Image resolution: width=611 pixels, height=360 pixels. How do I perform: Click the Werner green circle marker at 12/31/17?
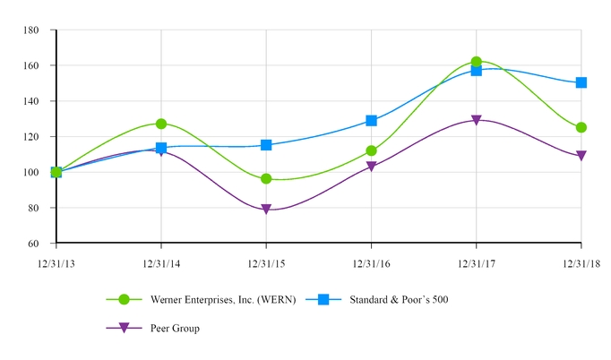point(476,63)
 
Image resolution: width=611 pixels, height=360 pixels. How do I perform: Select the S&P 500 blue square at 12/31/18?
point(581,82)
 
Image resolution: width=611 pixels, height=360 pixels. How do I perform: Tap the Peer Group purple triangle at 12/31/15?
point(266,210)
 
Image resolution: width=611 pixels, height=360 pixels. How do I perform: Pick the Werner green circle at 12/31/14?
point(161,124)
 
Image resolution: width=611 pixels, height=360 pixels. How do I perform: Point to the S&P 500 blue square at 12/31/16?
point(371,120)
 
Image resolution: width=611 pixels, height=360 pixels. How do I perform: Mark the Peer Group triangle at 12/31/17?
point(476,120)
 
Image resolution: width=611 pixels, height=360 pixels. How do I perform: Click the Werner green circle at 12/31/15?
point(266,179)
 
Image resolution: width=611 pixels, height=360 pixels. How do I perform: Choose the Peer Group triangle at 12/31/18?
point(581,156)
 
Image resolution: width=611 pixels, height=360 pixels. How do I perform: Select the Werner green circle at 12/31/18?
point(581,127)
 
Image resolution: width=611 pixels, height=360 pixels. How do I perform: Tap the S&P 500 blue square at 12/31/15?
point(266,144)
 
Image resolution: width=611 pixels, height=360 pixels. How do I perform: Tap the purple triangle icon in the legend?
point(125,329)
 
